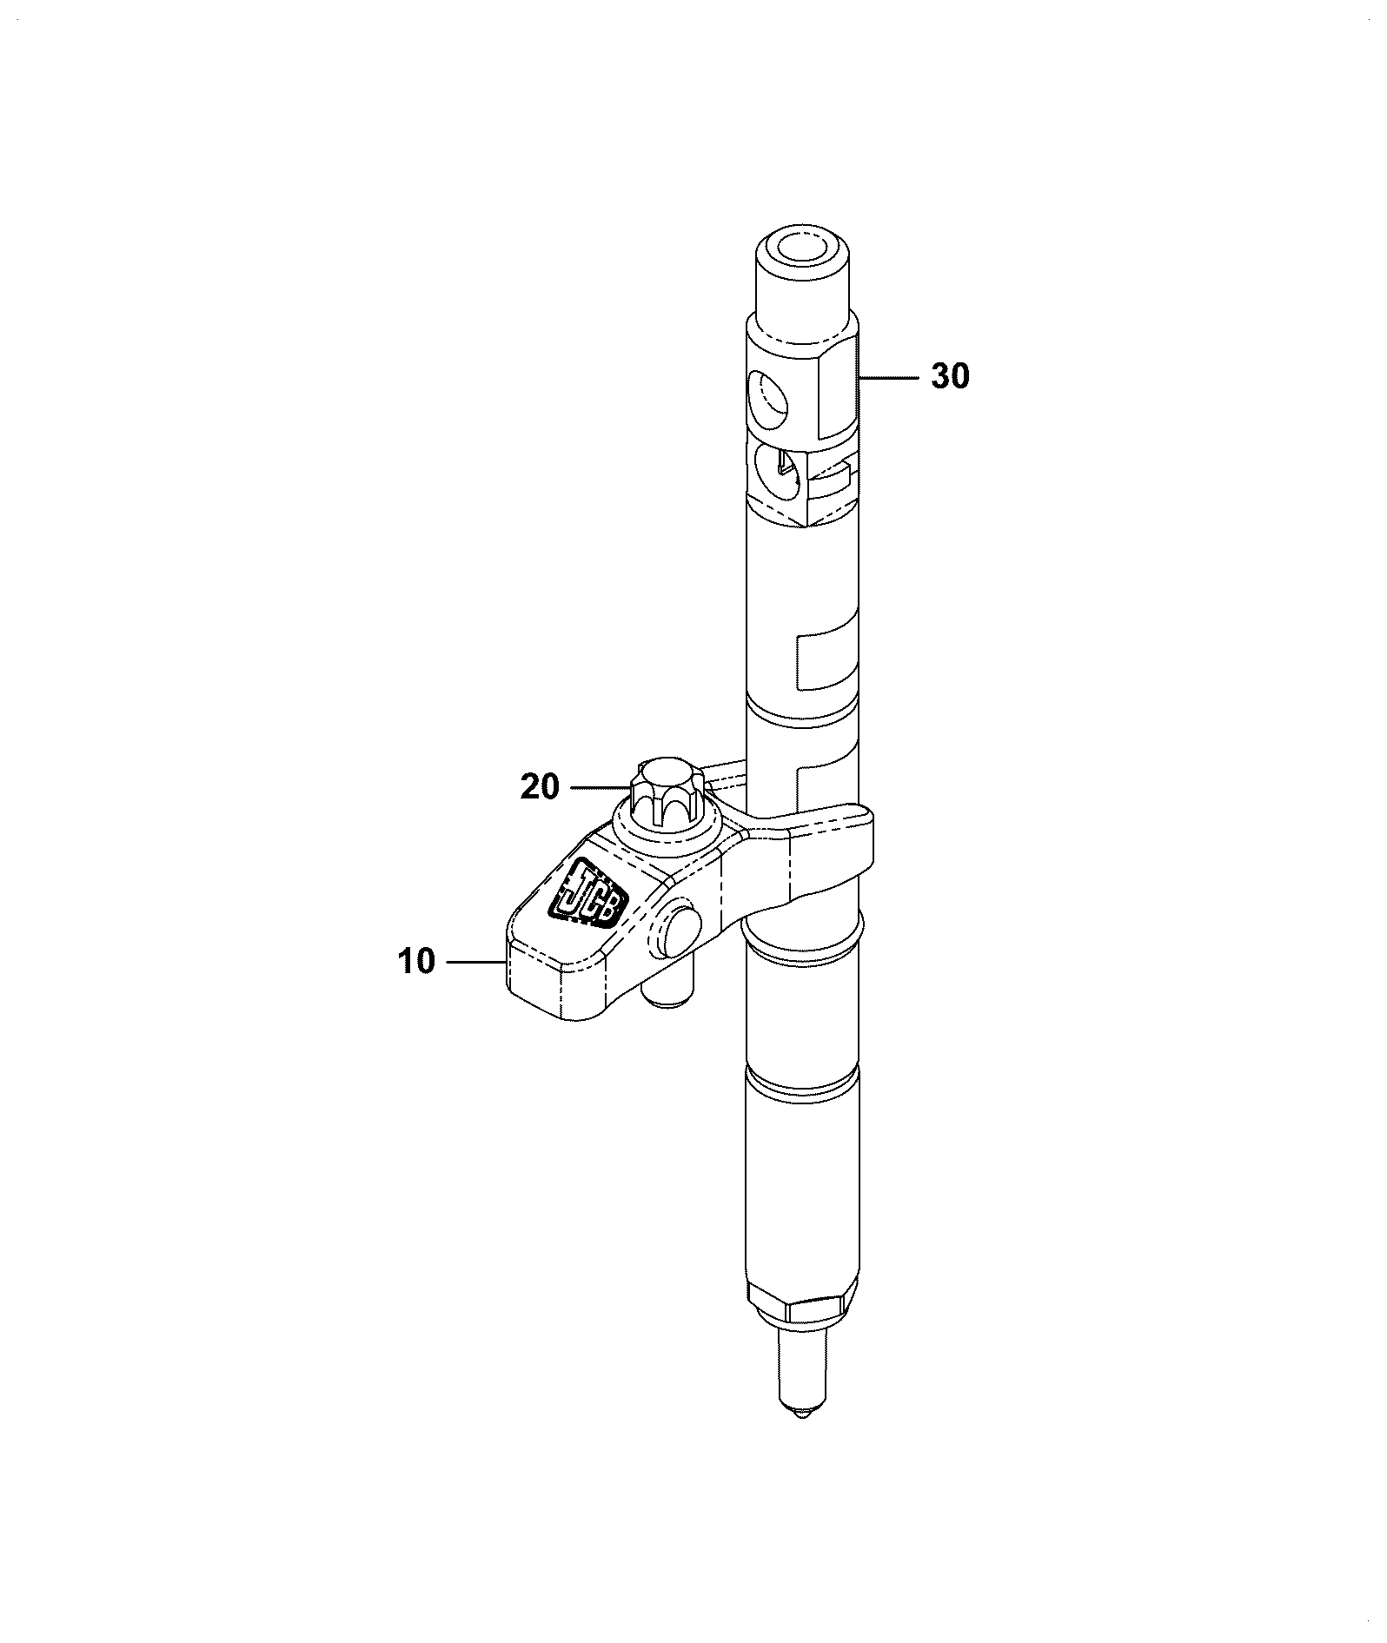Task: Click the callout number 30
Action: [x=950, y=376]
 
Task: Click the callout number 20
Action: [x=540, y=787]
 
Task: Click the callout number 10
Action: [x=417, y=962]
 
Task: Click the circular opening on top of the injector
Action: [x=803, y=247]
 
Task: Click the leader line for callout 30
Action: [x=887, y=377]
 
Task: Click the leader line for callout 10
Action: [x=475, y=962]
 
